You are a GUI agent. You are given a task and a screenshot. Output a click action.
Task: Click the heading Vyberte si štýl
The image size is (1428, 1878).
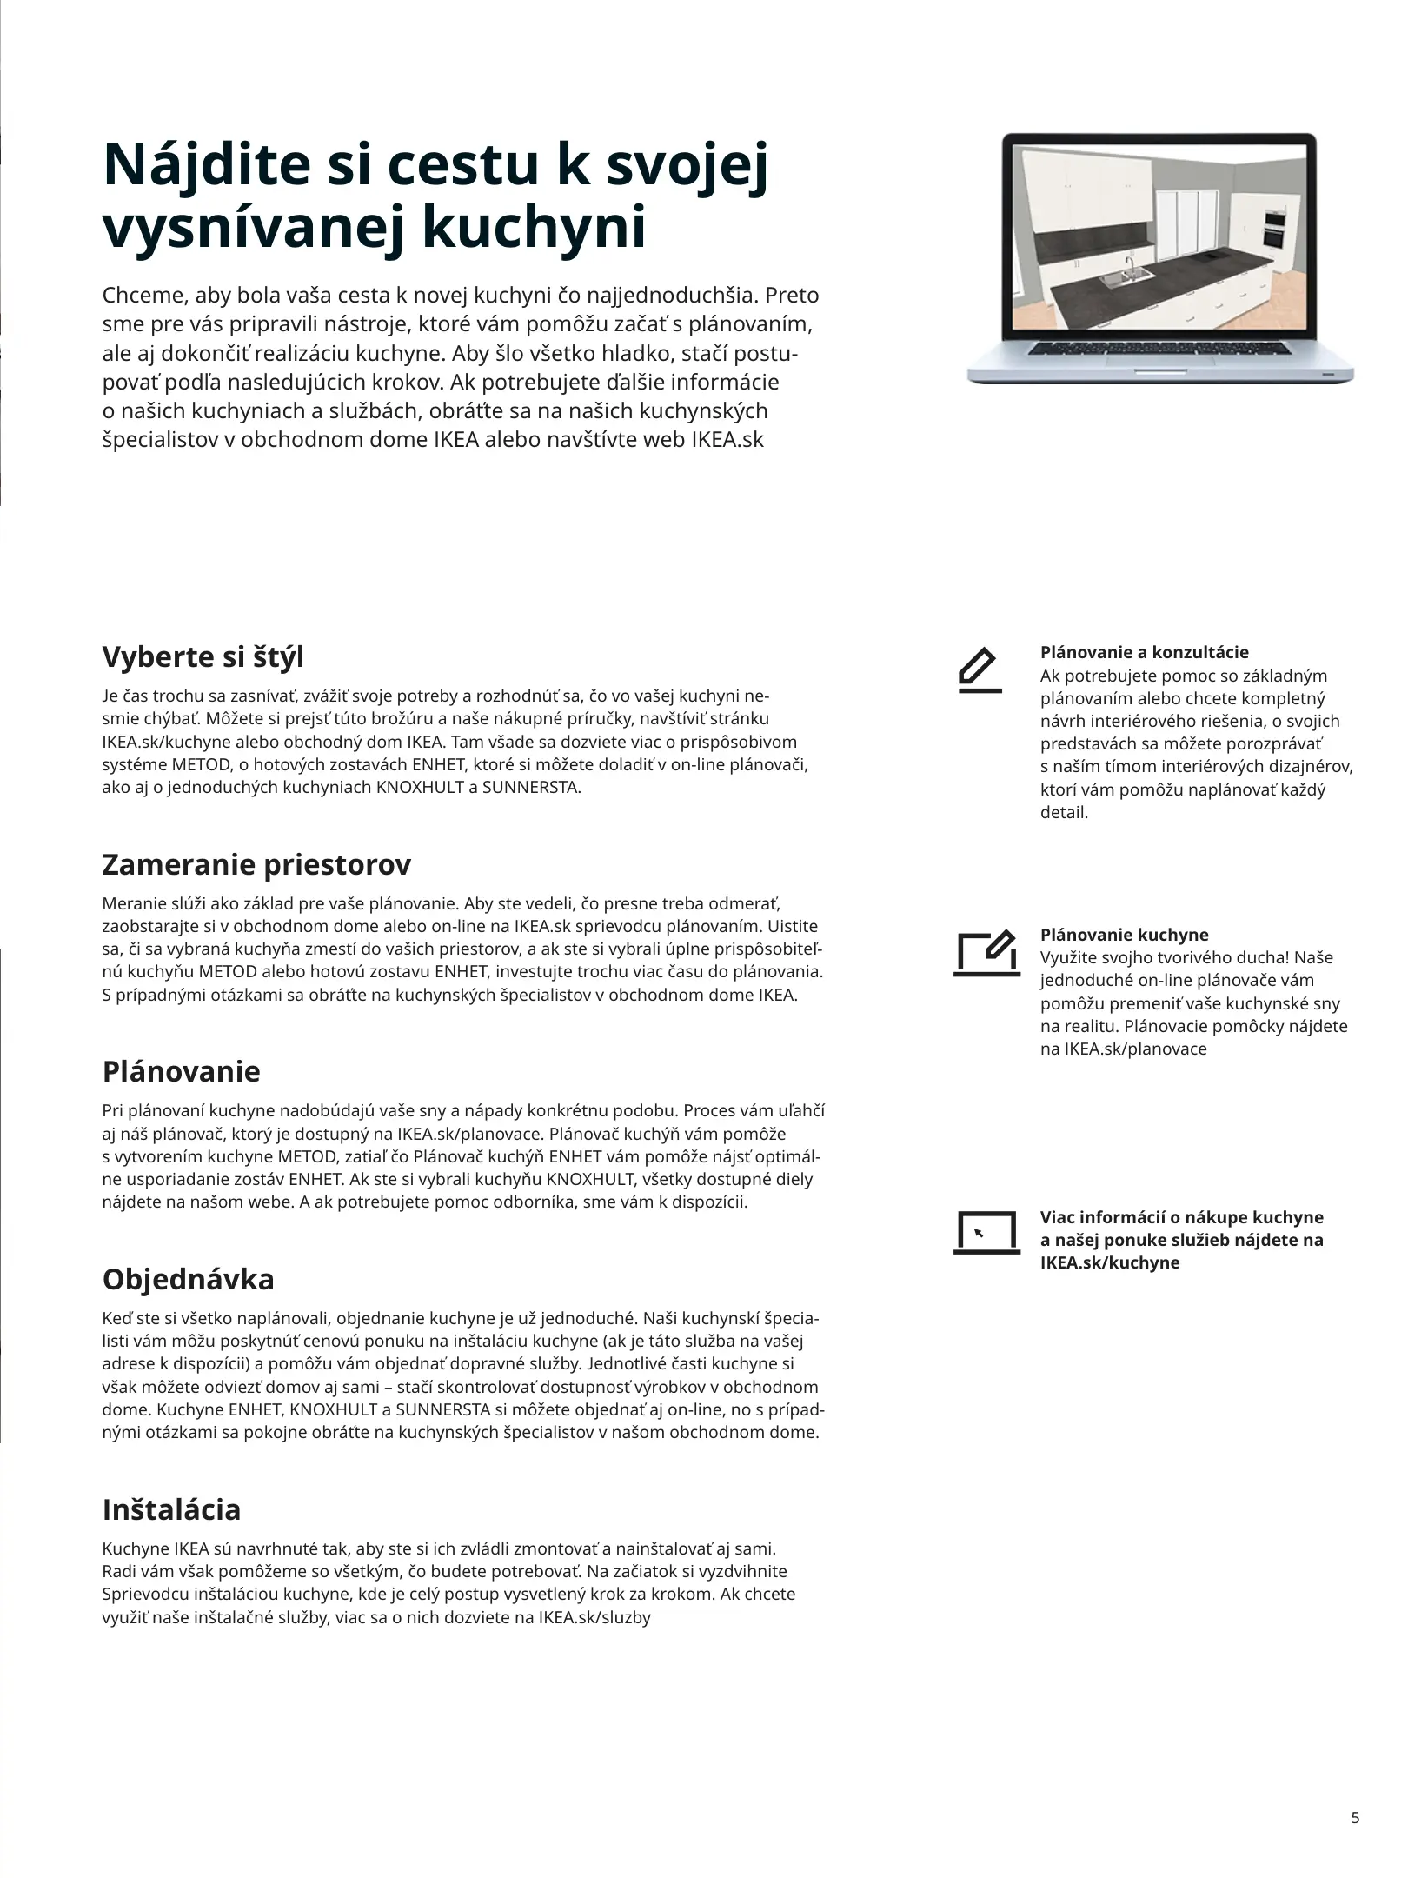pos(203,656)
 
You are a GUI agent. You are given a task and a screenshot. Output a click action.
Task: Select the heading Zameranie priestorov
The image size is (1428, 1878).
pos(256,864)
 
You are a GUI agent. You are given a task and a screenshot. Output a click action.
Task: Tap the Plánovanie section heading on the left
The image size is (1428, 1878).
pos(181,1070)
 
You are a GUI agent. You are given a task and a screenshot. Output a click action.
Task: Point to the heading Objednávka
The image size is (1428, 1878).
pos(188,1279)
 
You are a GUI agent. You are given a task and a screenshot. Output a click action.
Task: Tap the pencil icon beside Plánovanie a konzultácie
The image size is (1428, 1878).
pos(980,670)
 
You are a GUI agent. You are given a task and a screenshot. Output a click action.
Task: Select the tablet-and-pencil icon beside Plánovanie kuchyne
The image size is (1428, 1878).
pos(986,954)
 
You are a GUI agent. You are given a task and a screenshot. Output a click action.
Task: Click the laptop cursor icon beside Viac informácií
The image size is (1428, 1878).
pos(986,1232)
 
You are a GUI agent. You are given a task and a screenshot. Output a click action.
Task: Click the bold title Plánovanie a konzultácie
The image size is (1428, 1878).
pos(1144,652)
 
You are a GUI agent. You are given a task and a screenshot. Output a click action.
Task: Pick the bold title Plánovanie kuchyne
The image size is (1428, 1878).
pos(1124,935)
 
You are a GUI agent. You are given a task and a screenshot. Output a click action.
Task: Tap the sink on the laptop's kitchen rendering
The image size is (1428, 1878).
pos(1126,277)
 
